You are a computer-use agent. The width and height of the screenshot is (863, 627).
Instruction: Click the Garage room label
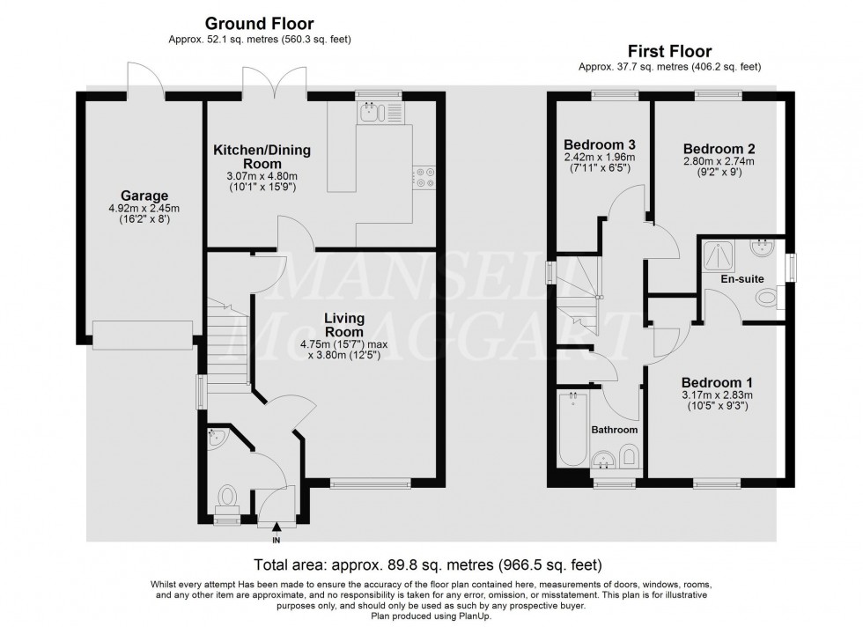[144, 195]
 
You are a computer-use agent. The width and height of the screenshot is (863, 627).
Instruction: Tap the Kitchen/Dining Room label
[262, 157]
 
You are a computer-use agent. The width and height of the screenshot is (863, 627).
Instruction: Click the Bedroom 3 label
[599, 144]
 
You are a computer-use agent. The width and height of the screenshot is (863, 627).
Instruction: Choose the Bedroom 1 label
[717, 382]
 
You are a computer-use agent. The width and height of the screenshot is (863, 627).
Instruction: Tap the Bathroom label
[614, 430]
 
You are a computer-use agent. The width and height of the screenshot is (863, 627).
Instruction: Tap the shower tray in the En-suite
[719, 254]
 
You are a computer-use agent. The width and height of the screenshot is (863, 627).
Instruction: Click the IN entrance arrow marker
[277, 528]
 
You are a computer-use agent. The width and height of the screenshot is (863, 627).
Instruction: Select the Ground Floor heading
[259, 23]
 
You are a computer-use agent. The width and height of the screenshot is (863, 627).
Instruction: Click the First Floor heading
[669, 52]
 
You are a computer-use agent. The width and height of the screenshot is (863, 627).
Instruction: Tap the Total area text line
[427, 564]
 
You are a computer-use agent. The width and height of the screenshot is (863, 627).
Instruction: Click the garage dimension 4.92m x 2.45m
[144, 209]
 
